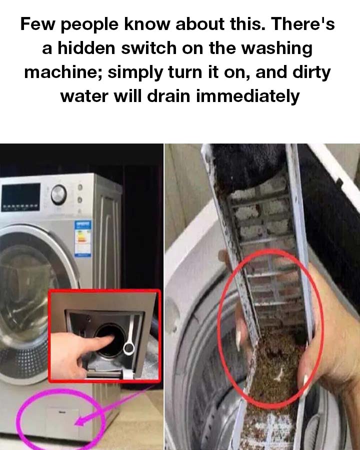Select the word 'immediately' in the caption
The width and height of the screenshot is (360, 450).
[x=248, y=96]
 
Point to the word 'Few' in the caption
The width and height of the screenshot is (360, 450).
[x=37, y=24]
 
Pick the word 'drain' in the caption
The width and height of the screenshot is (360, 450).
[x=169, y=96]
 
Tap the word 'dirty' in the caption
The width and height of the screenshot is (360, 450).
[x=312, y=73]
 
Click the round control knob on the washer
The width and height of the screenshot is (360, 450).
[x=59, y=194]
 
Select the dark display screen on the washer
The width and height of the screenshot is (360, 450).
[x=20, y=197]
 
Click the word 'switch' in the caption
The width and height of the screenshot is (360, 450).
[x=148, y=48]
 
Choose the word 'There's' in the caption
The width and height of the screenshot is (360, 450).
[x=302, y=24]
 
